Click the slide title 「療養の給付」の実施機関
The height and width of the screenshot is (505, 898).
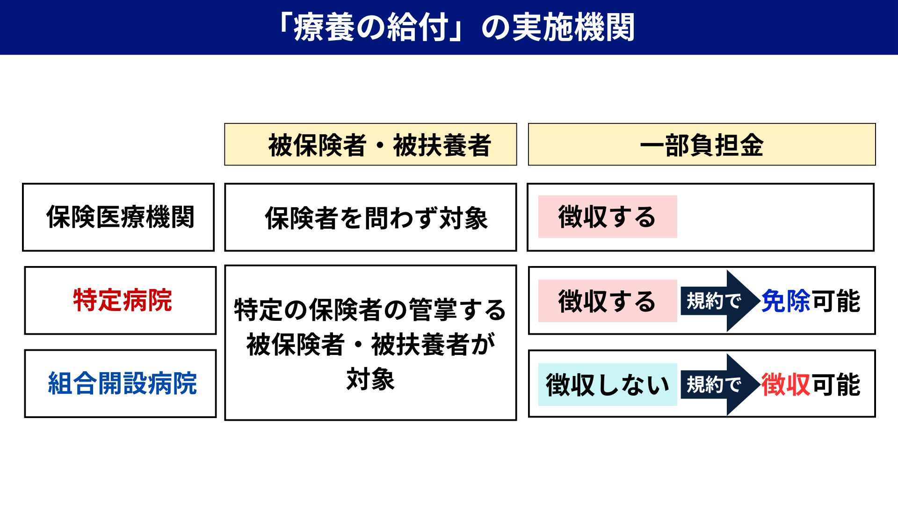click(456, 27)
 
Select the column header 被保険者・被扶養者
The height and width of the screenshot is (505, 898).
click(379, 145)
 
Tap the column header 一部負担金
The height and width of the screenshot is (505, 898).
click(702, 145)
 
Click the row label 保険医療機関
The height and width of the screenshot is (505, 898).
click(120, 217)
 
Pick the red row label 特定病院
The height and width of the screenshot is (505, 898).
click(123, 300)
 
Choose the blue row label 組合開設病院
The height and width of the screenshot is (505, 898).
click(123, 383)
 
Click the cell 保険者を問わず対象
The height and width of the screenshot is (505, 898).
click(377, 218)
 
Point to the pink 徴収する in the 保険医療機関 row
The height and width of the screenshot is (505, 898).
click(607, 217)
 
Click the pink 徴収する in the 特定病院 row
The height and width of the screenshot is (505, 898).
click(607, 301)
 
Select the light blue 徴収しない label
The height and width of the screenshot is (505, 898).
click(607, 384)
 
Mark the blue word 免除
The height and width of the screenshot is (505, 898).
click(786, 301)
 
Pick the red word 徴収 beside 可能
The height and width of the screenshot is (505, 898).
click(786, 384)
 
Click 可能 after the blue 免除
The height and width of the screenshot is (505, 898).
click(836, 301)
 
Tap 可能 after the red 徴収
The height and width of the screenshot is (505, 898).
click(836, 384)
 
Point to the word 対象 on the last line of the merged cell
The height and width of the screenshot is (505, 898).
click(370, 379)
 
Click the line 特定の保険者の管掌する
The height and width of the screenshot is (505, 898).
click(370, 310)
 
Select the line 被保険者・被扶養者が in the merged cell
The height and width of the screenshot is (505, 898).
click(370, 345)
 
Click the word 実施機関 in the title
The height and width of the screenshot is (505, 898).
click(573, 27)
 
